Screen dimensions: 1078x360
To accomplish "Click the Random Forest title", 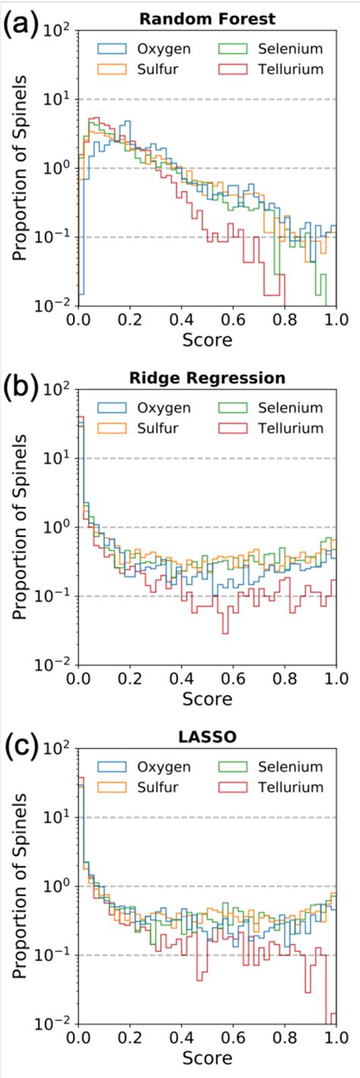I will tap(207, 17).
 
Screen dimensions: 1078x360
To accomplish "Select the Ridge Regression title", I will tap(207, 376).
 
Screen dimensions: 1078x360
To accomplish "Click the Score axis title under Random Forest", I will tap(207, 339).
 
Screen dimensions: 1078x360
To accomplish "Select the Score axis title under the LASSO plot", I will tap(207, 1058).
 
